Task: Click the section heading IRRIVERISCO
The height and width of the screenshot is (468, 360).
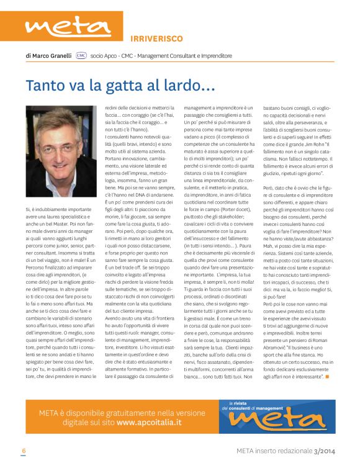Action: (x=156, y=38)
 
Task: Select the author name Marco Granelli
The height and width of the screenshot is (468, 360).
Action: (x=53, y=56)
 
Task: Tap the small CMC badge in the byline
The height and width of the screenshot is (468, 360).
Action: (x=81, y=56)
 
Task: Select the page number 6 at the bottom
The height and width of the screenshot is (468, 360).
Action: (x=24, y=451)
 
